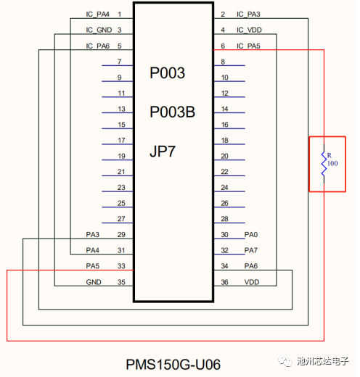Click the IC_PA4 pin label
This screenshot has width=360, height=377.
tap(97, 14)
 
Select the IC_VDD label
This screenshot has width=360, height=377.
tap(249, 30)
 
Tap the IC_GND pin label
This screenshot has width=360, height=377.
tap(99, 30)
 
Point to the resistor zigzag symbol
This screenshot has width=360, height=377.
tap(324, 164)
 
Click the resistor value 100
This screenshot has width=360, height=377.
tap(332, 164)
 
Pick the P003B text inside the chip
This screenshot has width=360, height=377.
tap(172, 112)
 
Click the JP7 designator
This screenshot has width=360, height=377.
tap(163, 152)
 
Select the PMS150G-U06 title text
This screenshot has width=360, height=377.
tap(173, 365)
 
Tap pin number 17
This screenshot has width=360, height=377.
tap(121, 141)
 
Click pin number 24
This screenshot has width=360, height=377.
tap(224, 188)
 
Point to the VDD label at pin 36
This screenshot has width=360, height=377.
tap(252, 282)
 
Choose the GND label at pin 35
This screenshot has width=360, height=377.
tap(94, 282)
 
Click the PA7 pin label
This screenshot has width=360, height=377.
tap(251, 250)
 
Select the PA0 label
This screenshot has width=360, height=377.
tap(251, 235)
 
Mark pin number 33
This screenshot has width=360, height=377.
tap(121, 266)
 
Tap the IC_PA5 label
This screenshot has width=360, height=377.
tap(248, 46)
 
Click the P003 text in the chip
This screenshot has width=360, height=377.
tap(167, 72)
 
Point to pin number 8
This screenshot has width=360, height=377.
tap(223, 62)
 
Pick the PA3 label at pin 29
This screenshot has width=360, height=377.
tap(93, 235)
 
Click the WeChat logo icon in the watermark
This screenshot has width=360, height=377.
tap(285, 361)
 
